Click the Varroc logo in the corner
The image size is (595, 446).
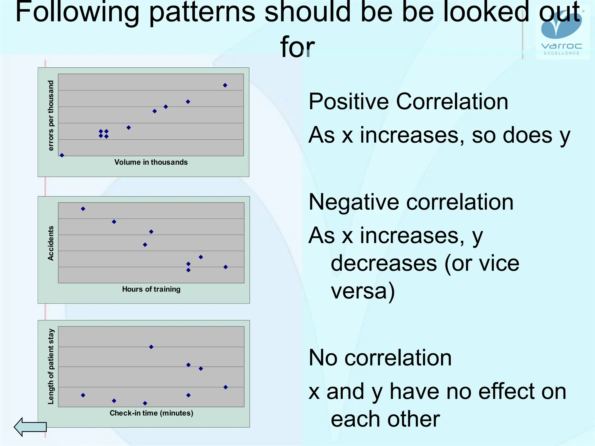[x=561, y=32]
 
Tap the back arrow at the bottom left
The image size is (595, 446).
[x=30, y=427]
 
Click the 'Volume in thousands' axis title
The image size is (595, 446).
[x=151, y=162]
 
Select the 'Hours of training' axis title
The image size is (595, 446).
[x=151, y=289]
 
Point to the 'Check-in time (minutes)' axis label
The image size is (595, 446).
[x=151, y=413]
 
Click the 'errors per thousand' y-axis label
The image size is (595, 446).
[x=51, y=116]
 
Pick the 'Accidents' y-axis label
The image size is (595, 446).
[x=51, y=243]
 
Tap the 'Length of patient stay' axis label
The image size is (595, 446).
[x=51, y=366]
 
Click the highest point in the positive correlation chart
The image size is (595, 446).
[x=225, y=85]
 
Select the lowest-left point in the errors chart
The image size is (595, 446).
[x=62, y=155]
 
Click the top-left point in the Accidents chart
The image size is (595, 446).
[x=83, y=209]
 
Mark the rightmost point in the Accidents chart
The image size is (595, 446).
[x=225, y=267]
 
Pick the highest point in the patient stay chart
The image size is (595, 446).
[x=151, y=347]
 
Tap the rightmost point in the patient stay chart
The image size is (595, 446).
[x=225, y=387]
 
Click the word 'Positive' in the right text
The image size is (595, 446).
[x=348, y=102]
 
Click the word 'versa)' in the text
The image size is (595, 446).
[x=363, y=291]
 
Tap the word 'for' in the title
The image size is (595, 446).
[x=297, y=46]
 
